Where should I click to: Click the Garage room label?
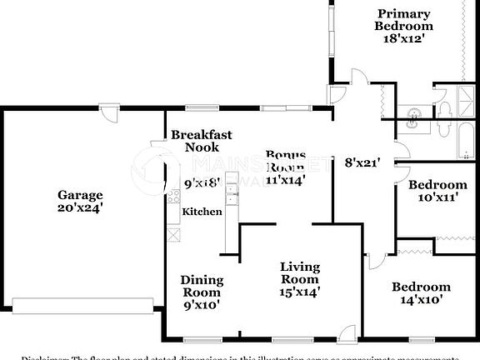tap(80, 194)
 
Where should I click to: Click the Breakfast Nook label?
tap(201, 141)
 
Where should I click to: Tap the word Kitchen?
tap(202, 212)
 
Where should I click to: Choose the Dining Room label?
tap(201, 286)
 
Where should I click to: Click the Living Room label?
tap(299, 272)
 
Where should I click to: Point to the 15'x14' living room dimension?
tap(299, 292)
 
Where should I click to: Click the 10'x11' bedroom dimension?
tap(437, 198)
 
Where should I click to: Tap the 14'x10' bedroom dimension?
tap(421, 299)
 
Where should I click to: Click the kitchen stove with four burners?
tap(174, 197)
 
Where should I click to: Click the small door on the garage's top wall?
tap(108, 107)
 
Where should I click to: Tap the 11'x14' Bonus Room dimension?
tap(285, 178)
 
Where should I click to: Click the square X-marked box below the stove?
tap(173, 234)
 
